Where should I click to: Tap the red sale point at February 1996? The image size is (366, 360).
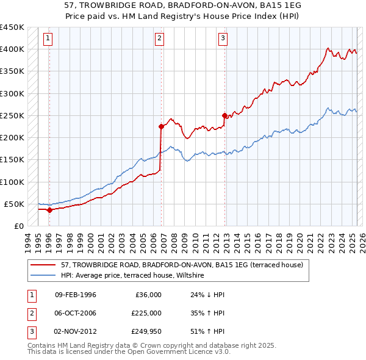(x=49, y=210)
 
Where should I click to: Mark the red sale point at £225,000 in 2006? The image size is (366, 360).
(x=162, y=127)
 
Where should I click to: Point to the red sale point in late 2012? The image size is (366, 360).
(x=225, y=115)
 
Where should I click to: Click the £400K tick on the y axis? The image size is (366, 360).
(x=12, y=49)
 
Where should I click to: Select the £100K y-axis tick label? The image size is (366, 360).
(x=12, y=182)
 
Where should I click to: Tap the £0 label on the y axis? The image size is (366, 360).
(x=18, y=226)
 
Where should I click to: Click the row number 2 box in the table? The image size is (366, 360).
(x=30, y=312)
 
